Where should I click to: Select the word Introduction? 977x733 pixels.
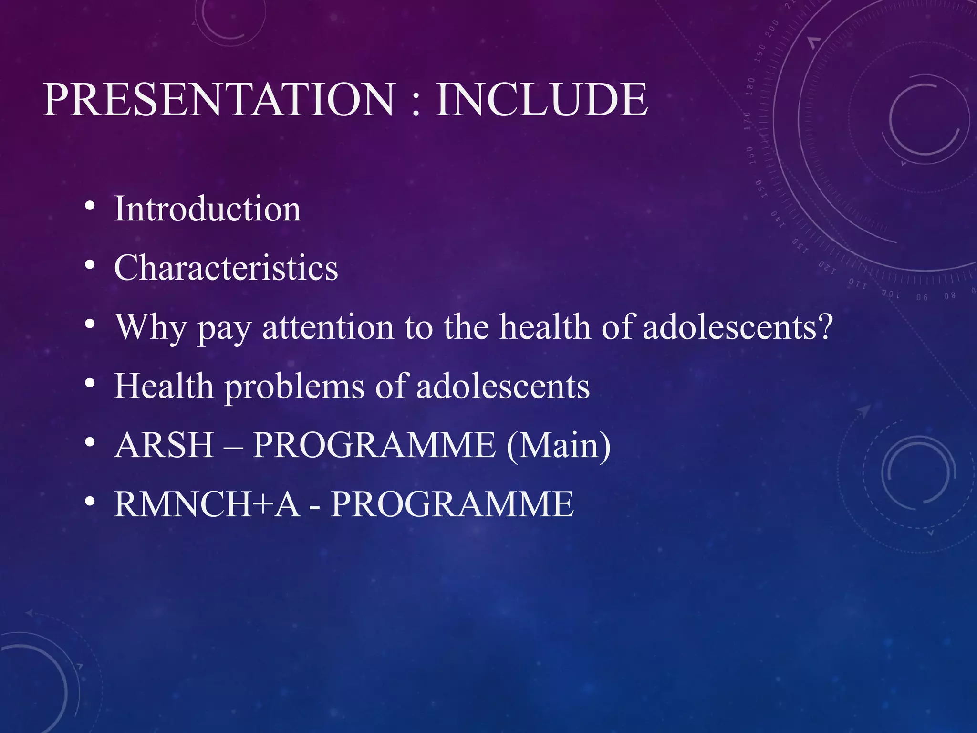coord(208,209)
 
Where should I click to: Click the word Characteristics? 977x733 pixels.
coord(226,268)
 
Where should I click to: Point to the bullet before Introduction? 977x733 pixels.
coord(89,206)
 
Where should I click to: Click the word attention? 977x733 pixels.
coord(328,327)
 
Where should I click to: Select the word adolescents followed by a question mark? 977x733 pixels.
coord(737,327)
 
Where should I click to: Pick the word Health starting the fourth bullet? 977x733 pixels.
coord(164,386)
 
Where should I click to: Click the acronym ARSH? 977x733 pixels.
coord(164,445)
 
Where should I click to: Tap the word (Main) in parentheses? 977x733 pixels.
coord(558,445)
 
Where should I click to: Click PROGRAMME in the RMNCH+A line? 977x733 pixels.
coord(452,504)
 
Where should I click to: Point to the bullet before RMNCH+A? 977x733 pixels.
coord(89,502)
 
